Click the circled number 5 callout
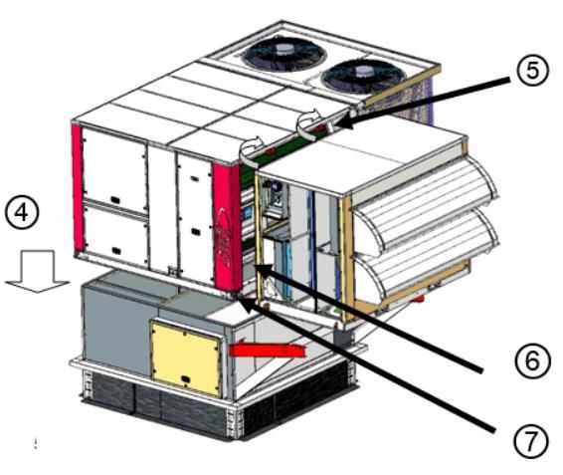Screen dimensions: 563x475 click(x=533, y=70)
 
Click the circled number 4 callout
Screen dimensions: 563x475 click(x=22, y=212)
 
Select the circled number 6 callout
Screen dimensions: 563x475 click(x=532, y=360)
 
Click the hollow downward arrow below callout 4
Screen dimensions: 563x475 click(x=38, y=272)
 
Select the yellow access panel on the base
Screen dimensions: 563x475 click(x=186, y=358)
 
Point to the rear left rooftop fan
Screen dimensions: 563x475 click(x=284, y=53)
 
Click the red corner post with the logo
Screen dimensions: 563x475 click(x=226, y=226)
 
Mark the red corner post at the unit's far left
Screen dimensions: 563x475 click(x=78, y=187)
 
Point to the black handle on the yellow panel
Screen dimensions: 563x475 click(x=186, y=378)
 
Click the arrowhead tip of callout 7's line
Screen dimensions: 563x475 click(x=238, y=296)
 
